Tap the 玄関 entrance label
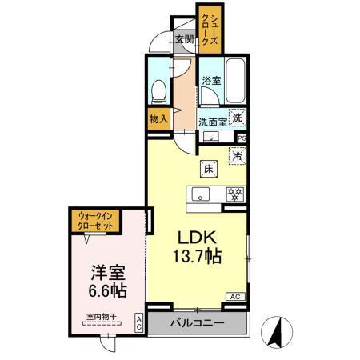point(185,39)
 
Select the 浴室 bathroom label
point(210,80)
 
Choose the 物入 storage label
point(158,118)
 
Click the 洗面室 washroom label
point(213,122)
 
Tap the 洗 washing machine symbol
point(237,117)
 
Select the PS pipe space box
point(242,137)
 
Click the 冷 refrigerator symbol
point(237,156)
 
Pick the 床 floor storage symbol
point(208,169)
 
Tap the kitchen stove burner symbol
point(234,194)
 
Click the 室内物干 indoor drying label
point(102,317)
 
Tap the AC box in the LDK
point(236,297)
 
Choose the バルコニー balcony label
point(197,324)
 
